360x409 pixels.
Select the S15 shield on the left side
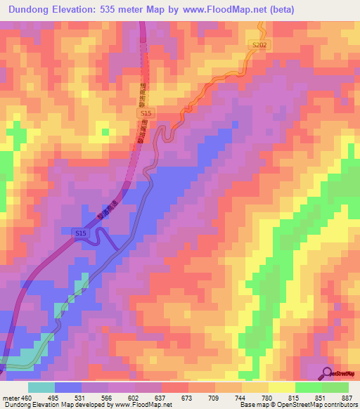coord(81,232)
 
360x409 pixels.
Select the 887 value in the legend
coord(348,397)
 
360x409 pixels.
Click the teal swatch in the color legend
coord(41,387)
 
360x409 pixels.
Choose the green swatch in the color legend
coord(335,387)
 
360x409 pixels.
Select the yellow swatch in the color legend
coord(281,387)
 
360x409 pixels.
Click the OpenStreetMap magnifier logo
coord(328,372)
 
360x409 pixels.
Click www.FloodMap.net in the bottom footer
coord(139,405)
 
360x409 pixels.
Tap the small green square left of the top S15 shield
coord(105,131)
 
